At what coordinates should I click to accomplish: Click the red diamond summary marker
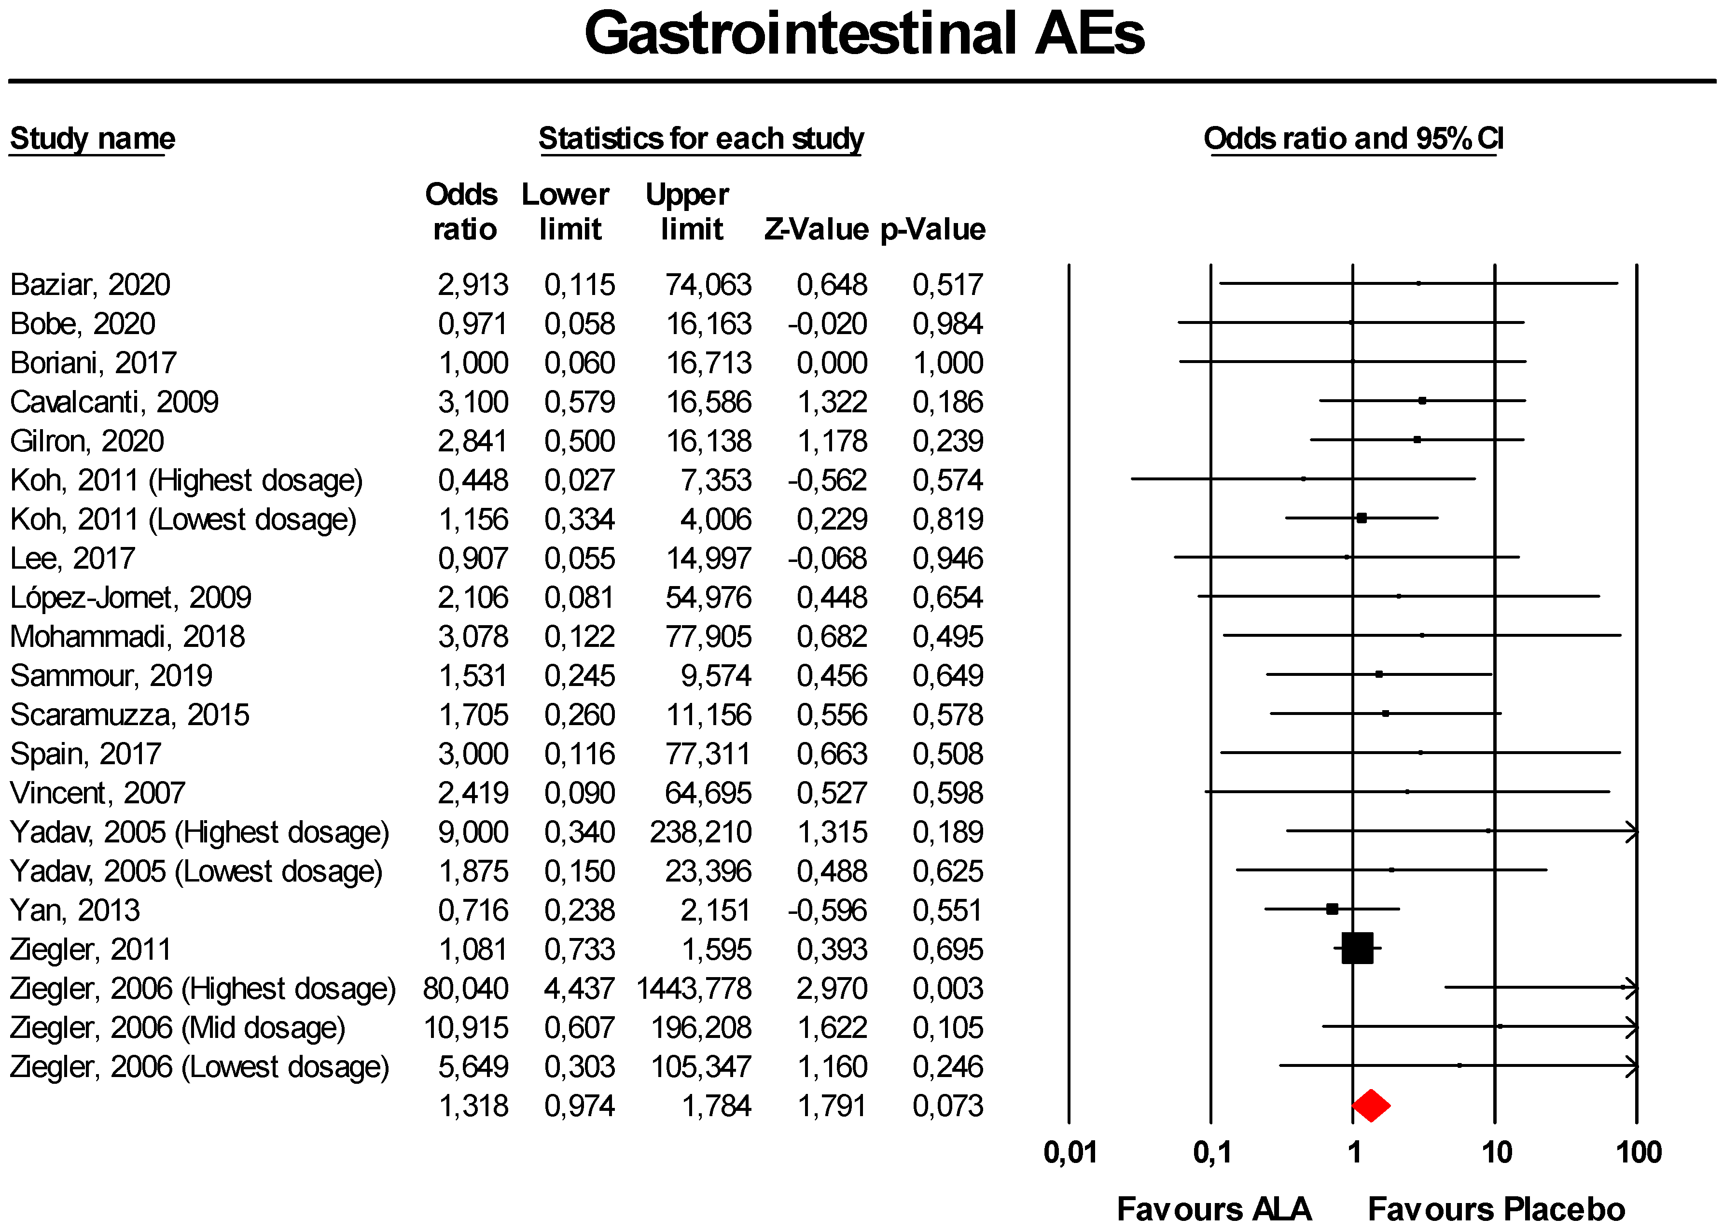pyautogui.click(x=1370, y=1106)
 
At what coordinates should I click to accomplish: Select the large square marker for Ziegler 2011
pyautogui.click(x=1357, y=948)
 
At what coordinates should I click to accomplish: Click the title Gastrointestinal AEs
pyautogui.click(x=864, y=34)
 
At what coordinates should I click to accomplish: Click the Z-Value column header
pyautogui.click(x=816, y=229)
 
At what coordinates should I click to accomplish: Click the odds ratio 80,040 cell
pyautogui.click(x=466, y=989)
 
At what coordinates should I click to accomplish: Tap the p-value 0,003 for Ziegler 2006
pyautogui.click(x=948, y=989)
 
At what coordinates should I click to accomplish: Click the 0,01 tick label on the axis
pyautogui.click(x=1070, y=1152)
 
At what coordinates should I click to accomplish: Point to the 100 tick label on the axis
pyautogui.click(x=1638, y=1152)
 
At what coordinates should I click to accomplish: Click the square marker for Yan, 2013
pyautogui.click(x=1332, y=909)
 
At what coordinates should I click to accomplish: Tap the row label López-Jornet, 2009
pyautogui.click(x=130, y=598)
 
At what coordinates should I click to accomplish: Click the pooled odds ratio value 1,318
pyautogui.click(x=473, y=1106)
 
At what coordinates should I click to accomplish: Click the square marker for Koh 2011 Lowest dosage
pyautogui.click(x=1361, y=518)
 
